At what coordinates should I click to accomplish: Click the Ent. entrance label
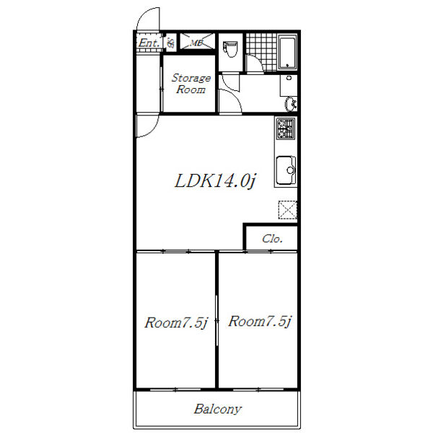(149, 43)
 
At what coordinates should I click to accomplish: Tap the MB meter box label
(196, 43)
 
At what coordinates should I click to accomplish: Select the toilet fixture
(230, 49)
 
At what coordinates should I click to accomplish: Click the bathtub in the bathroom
(287, 52)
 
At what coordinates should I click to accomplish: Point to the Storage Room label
(191, 84)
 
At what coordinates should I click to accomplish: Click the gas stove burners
(286, 128)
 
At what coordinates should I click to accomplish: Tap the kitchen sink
(286, 170)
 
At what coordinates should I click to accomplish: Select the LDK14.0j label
(215, 181)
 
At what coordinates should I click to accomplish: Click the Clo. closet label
(272, 239)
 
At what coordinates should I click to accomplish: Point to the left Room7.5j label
(176, 323)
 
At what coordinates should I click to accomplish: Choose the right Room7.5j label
(260, 321)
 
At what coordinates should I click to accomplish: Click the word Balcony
(218, 409)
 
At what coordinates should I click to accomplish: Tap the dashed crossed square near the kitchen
(287, 210)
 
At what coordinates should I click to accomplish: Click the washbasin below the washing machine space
(291, 104)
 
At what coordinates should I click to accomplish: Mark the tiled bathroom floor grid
(261, 52)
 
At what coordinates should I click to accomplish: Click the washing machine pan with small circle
(289, 85)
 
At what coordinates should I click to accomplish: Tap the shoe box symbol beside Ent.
(171, 43)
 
